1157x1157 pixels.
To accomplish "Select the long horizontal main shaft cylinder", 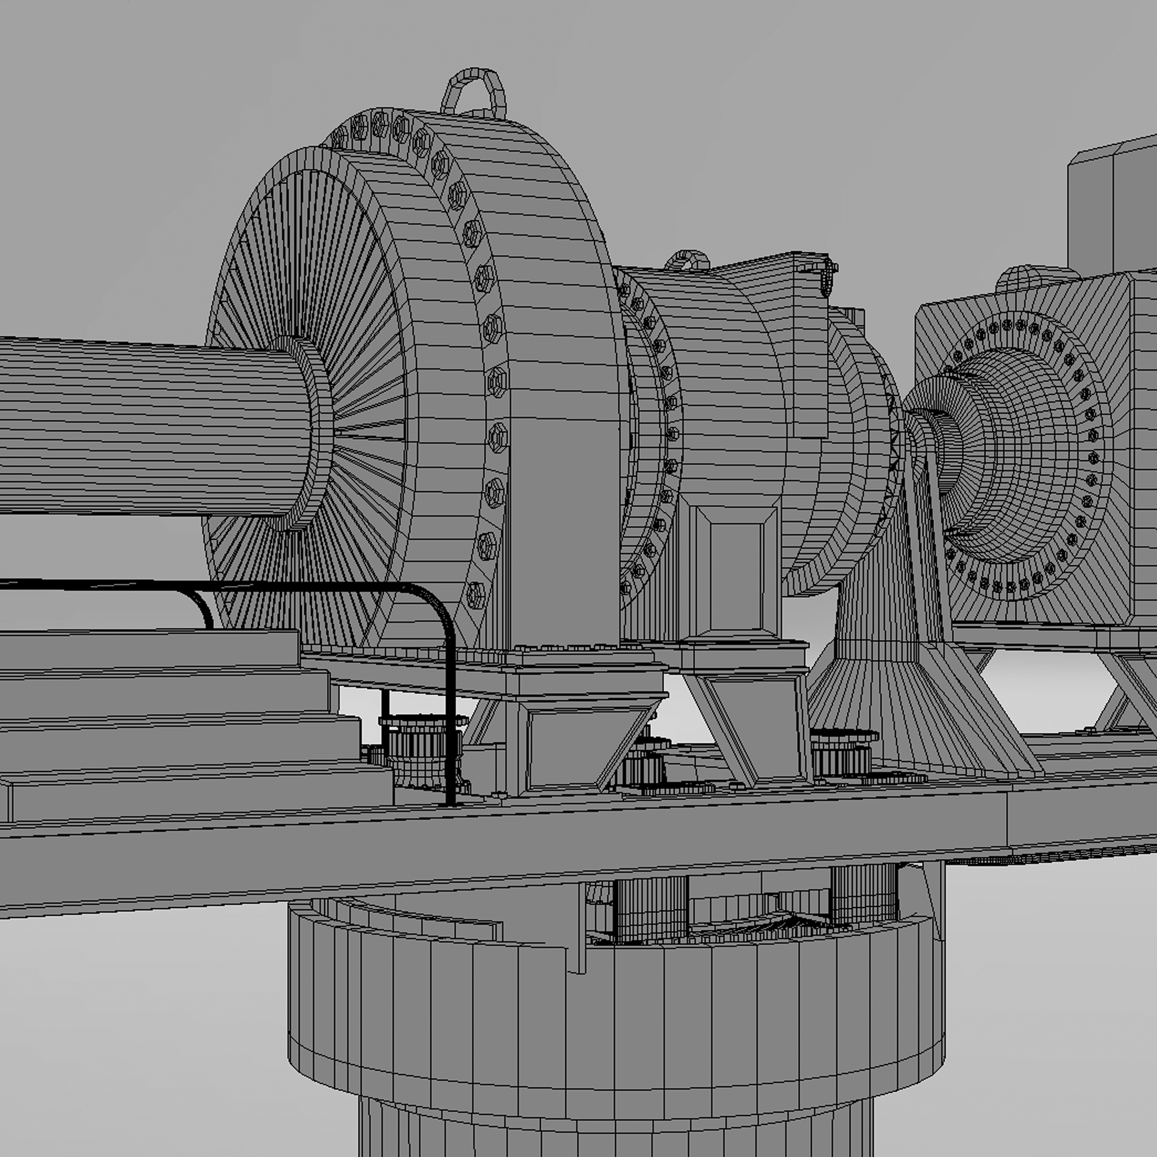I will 150,425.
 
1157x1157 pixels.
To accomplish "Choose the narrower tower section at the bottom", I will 617,1132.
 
